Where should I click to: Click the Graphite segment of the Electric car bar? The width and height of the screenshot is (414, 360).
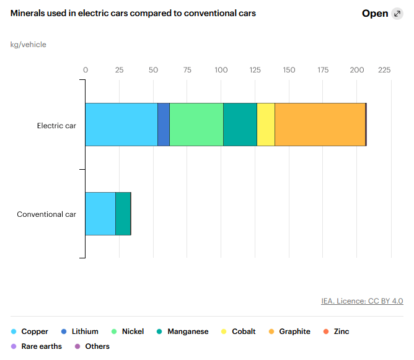(x=320, y=125)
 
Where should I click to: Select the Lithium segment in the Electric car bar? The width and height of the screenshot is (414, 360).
(x=164, y=125)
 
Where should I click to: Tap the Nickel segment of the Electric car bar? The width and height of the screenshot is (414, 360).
(x=196, y=125)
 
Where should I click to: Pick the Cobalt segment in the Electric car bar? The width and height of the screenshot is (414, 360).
(x=266, y=125)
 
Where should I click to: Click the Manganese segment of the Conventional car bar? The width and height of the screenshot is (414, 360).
(x=123, y=214)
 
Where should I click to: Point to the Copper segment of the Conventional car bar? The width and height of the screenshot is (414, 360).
(x=100, y=214)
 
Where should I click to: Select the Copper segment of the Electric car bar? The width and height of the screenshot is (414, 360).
(x=121, y=125)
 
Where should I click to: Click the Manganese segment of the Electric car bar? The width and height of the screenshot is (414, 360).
(x=240, y=125)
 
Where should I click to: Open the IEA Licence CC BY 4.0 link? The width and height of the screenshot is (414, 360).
(x=362, y=301)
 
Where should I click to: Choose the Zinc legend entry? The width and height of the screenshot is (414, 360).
(x=341, y=331)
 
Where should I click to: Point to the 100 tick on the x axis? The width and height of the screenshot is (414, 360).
(x=221, y=70)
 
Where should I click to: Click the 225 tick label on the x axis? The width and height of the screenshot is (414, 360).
(x=384, y=70)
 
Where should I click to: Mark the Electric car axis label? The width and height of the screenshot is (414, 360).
(x=56, y=125)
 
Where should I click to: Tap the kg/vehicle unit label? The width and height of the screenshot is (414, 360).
(x=29, y=45)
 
